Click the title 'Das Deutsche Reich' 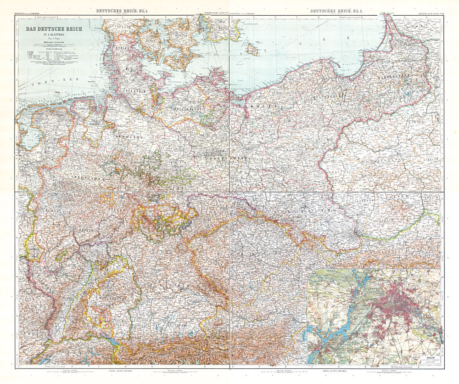[53, 29]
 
